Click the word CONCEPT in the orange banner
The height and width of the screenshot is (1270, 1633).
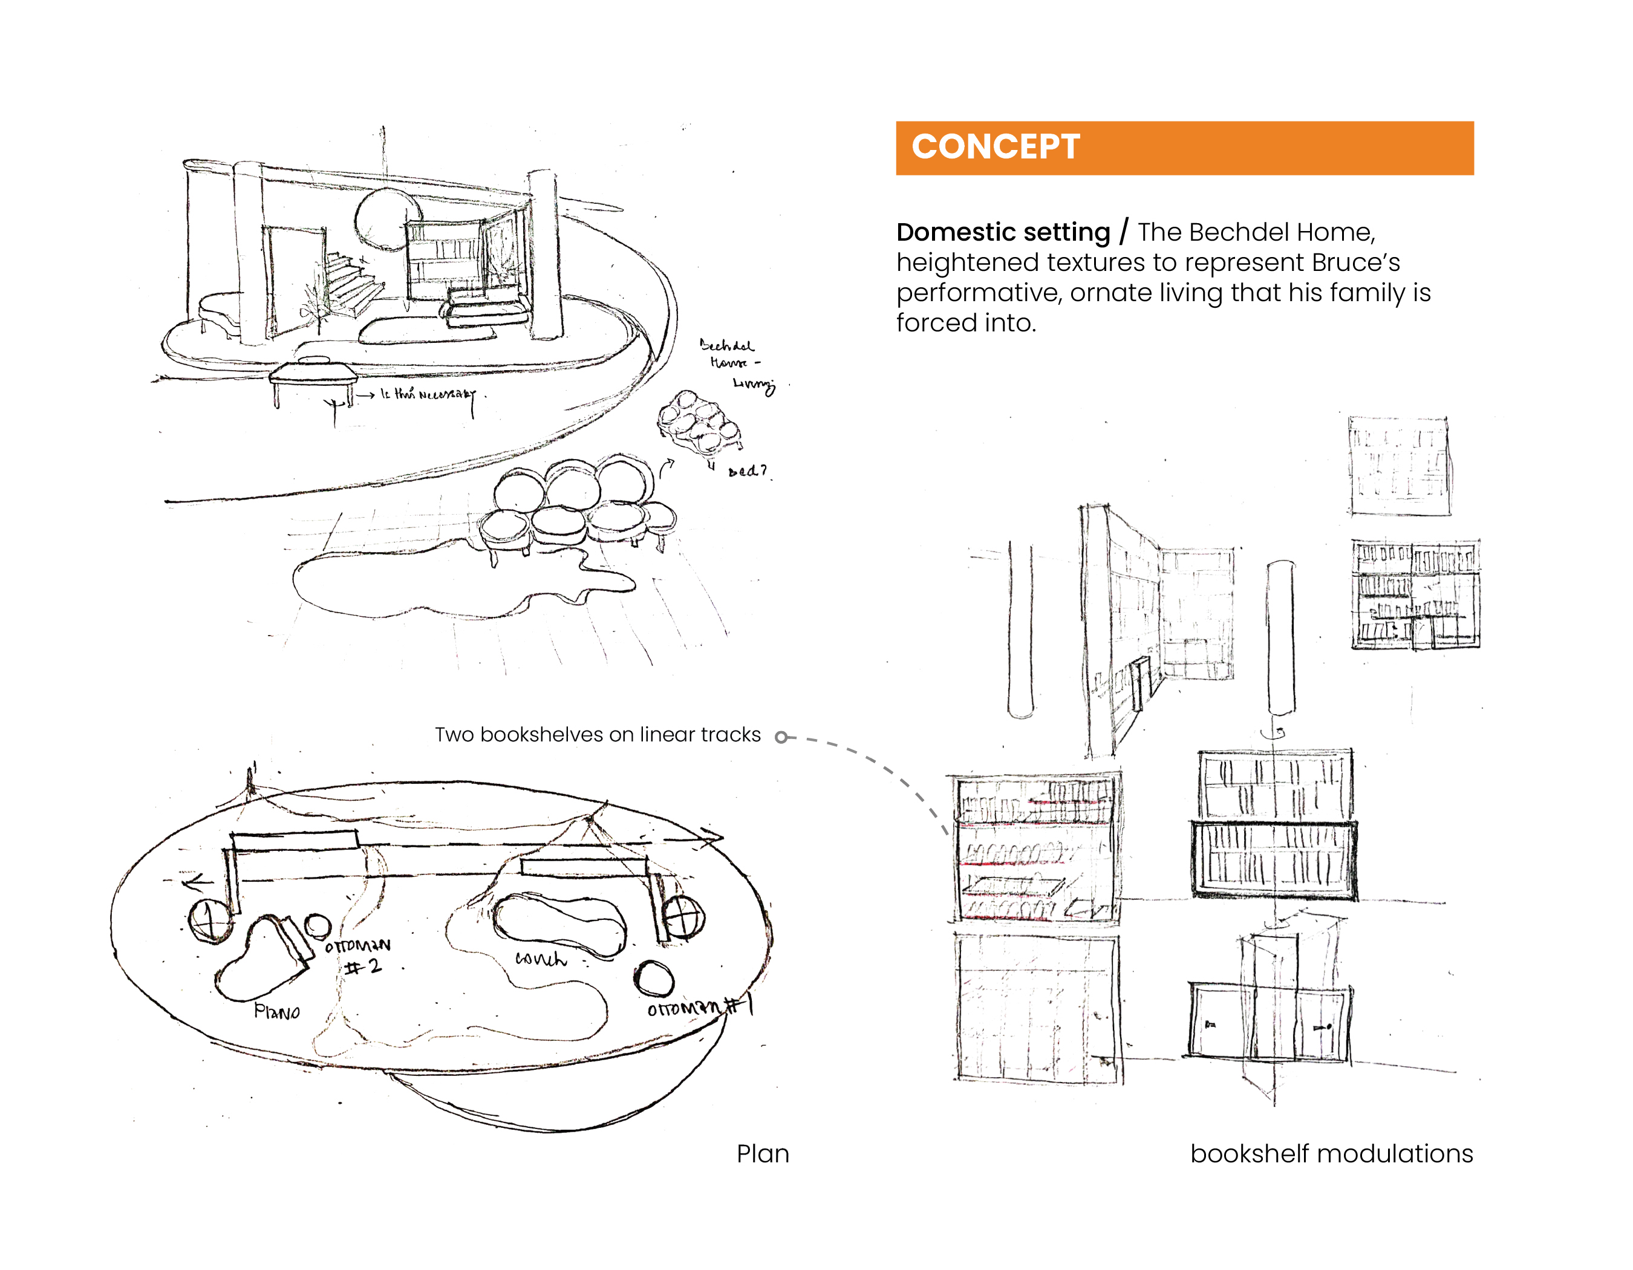click(995, 146)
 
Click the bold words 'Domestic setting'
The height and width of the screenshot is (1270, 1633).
click(1003, 232)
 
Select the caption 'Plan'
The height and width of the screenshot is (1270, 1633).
click(762, 1153)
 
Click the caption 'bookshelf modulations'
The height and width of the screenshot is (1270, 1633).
click(1331, 1153)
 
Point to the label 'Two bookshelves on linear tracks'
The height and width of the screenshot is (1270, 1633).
click(598, 735)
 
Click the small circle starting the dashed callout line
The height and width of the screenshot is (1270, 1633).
click(781, 738)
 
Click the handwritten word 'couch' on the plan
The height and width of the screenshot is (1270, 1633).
click(540, 959)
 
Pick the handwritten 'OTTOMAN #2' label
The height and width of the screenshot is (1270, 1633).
click(359, 956)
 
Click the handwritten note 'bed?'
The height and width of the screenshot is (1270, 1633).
click(747, 471)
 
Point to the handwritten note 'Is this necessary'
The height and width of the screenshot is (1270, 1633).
click(427, 394)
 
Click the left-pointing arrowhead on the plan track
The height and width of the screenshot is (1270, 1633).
click(196, 884)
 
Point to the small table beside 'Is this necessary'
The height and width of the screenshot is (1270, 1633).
click(313, 374)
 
